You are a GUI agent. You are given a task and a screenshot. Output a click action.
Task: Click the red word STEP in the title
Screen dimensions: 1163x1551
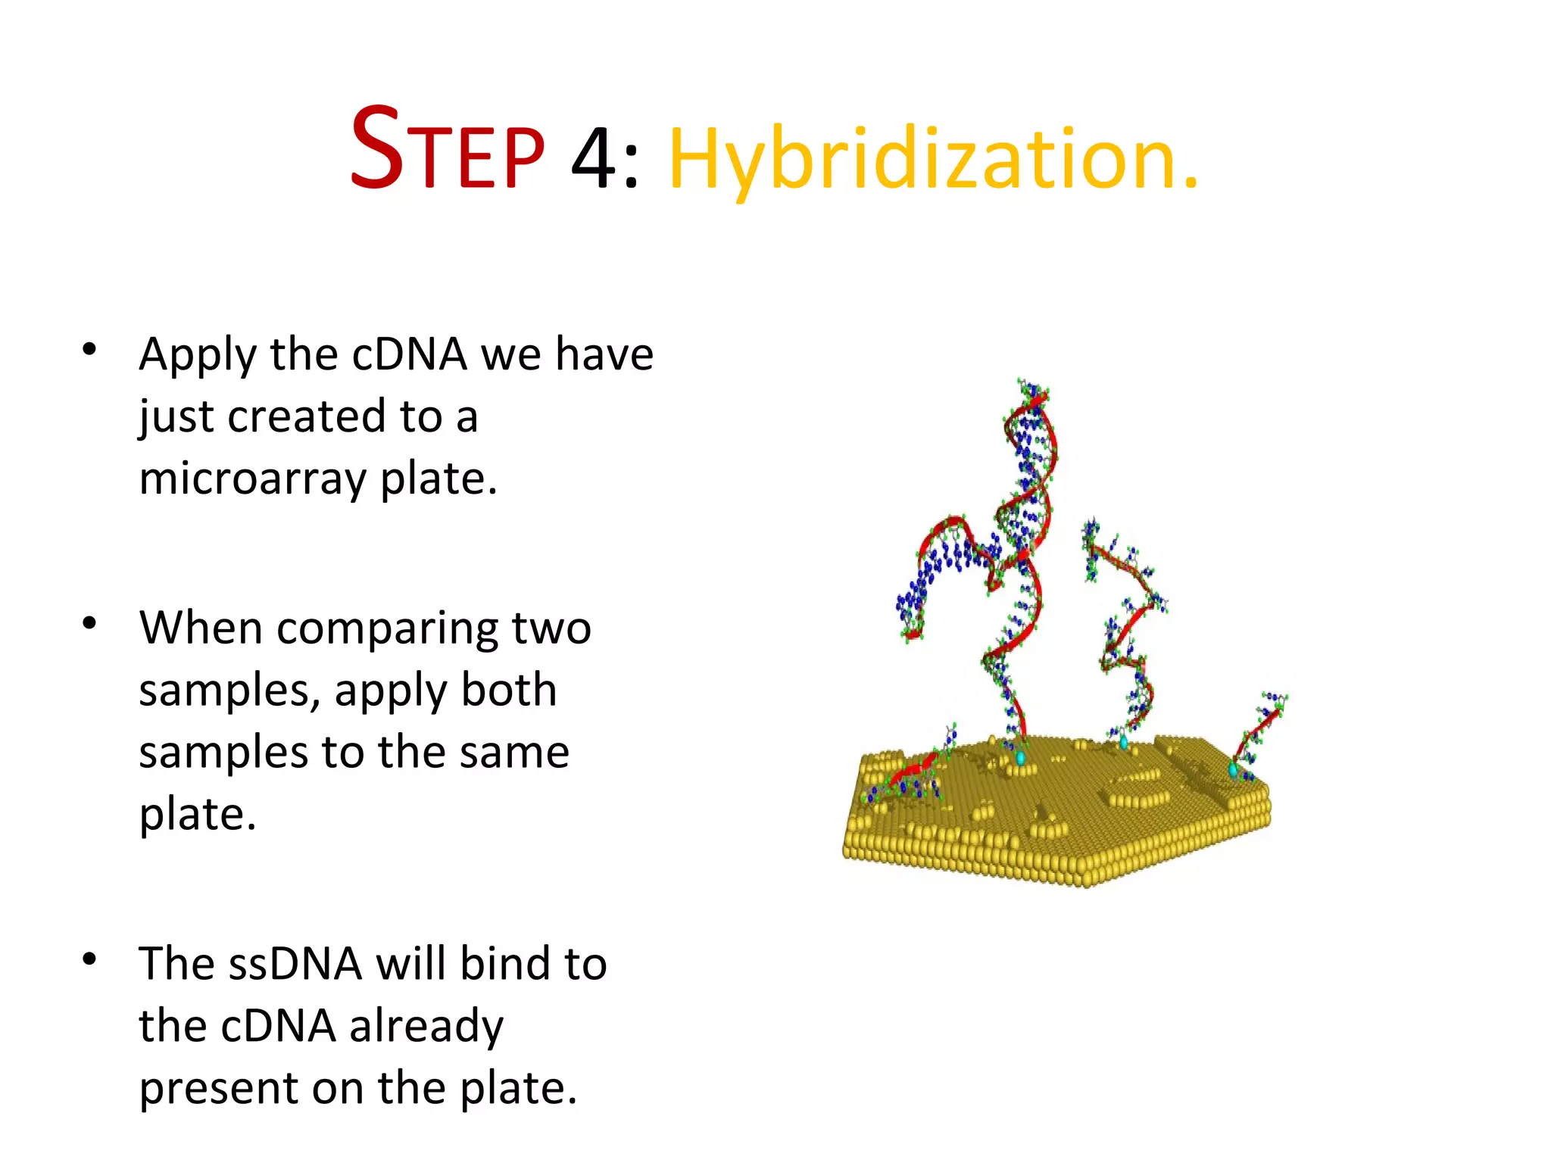(x=447, y=150)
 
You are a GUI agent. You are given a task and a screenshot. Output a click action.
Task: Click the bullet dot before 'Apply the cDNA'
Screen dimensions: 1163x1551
(x=89, y=349)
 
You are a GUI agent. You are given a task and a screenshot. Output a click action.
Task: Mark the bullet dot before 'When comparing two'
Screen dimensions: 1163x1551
(x=89, y=623)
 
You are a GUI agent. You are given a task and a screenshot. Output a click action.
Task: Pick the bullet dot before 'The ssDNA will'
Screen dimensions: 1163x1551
(x=89, y=959)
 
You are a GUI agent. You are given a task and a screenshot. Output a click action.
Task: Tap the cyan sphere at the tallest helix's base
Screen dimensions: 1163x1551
(x=1020, y=757)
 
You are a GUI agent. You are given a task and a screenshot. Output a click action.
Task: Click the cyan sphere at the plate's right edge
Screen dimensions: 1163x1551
(x=1233, y=770)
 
